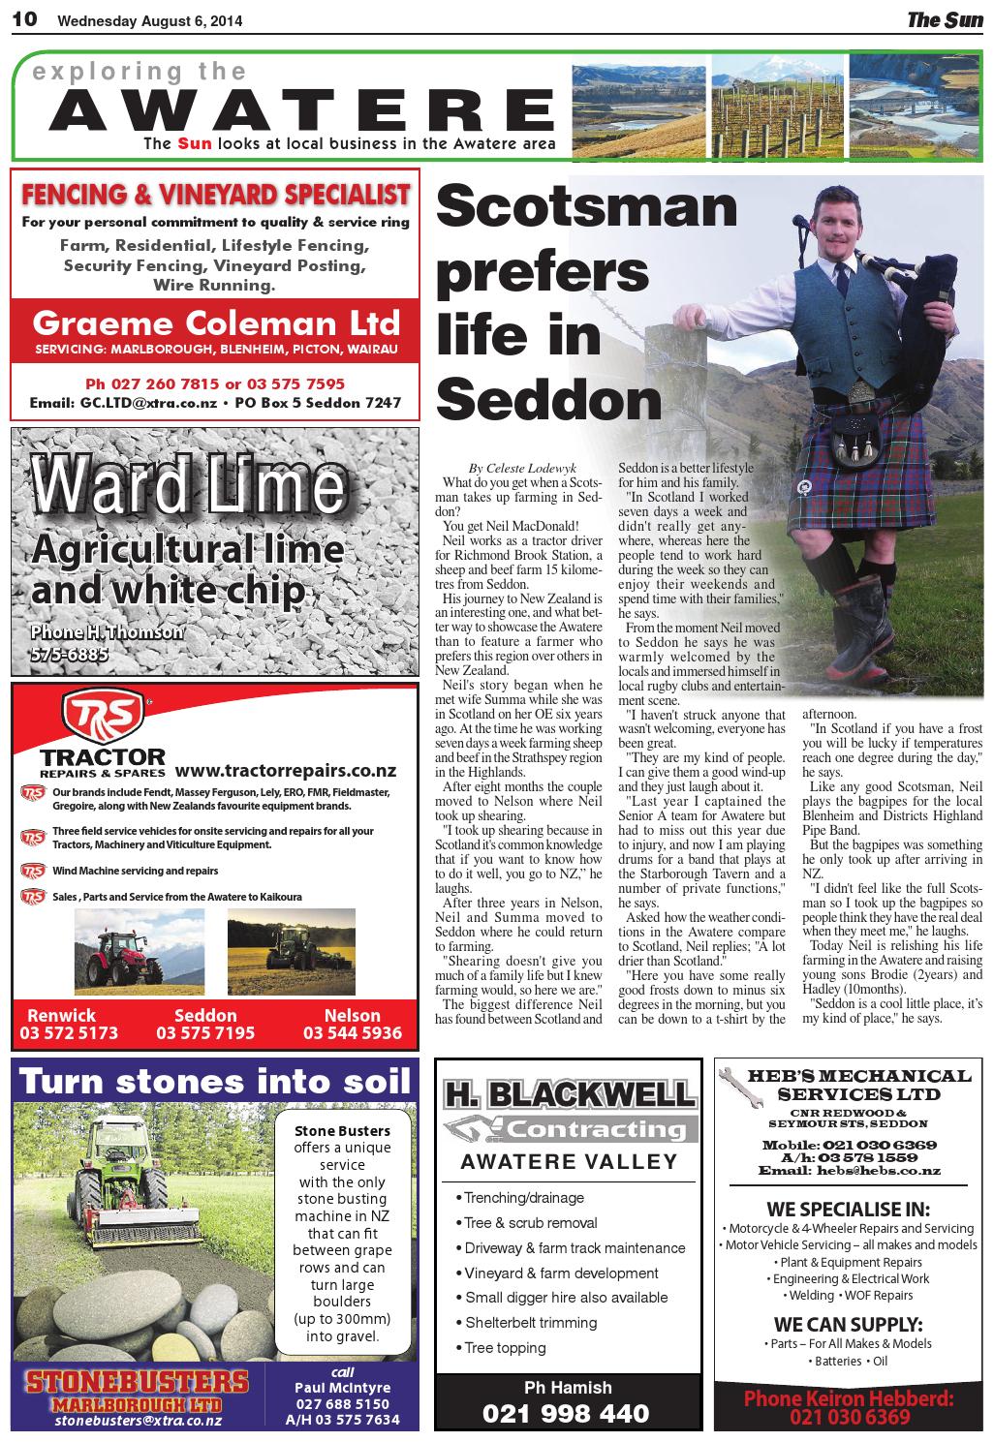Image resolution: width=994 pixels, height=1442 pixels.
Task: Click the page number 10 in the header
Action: coord(24,19)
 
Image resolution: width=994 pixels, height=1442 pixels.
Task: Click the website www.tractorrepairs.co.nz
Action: coord(286,771)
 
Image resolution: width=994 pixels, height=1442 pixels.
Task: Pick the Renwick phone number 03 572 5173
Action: coord(73,1032)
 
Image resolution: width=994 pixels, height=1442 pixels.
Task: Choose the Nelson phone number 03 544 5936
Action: coord(352,1032)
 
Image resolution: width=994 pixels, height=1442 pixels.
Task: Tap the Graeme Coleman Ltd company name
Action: coord(215,322)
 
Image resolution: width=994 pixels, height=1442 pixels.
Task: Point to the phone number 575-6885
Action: coord(69,655)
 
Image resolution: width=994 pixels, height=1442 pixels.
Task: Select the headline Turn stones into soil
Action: coord(215,1081)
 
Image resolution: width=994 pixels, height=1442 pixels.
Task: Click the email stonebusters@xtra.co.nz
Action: coord(139,1421)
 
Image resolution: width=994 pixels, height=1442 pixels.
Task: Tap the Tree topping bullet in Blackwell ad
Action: coord(505,1347)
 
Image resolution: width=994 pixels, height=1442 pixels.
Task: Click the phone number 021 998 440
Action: coord(567,1414)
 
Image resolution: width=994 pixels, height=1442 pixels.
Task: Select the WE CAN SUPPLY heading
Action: coord(848,1324)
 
